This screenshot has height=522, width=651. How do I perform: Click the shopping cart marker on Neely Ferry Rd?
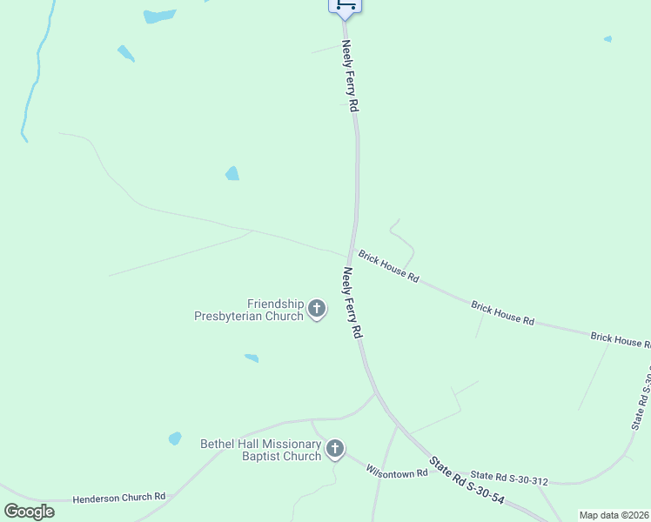pyautogui.click(x=345, y=5)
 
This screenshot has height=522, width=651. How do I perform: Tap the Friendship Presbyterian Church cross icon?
pyautogui.click(x=317, y=309)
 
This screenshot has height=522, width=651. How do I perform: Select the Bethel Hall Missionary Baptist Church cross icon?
pyautogui.click(x=335, y=449)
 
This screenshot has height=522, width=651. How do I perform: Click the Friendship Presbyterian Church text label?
pyautogui.click(x=249, y=310)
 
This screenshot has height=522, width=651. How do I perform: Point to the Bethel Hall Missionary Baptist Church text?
pyautogui.click(x=261, y=450)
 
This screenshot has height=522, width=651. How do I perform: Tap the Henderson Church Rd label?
pyautogui.click(x=118, y=497)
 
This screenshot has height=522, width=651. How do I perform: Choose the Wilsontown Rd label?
pyautogui.click(x=397, y=472)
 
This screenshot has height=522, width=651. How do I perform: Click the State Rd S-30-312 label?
pyautogui.click(x=509, y=478)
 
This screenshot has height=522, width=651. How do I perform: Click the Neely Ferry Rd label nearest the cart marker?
pyautogui.click(x=351, y=76)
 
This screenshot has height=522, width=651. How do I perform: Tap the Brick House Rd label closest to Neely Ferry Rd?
pyautogui.click(x=389, y=266)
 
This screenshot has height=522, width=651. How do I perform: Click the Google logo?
pyautogui.click(x=29, y=512)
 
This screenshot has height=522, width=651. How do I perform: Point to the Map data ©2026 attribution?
pyautogui.click(x=614, y=515)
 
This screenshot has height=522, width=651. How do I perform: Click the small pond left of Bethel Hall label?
pyautogui.click(x=175, y=438)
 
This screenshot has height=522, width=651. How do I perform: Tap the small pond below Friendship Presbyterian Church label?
pyautogui.click(x=252, y=358)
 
